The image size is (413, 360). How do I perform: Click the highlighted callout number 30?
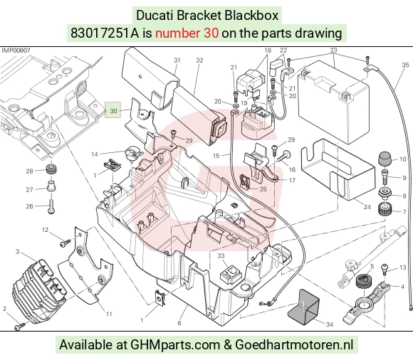click(113, 111)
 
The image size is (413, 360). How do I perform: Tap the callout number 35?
click(405, 65)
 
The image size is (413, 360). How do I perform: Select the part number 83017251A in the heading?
click(104, 33)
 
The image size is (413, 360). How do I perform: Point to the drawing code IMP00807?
click(16, 50)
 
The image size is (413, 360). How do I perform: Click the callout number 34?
click(330, 324)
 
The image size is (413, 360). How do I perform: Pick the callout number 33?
click(221, 256)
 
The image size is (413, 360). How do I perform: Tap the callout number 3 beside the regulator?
click(18, 252)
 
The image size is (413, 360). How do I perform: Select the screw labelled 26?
click(51, 206)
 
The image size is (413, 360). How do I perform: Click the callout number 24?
click(367, 207)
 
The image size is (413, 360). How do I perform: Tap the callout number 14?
click(95, 154)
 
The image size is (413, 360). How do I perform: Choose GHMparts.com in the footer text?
click(175, 344)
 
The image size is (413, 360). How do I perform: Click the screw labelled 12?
click(66, 243)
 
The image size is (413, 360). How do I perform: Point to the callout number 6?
click(179, 323)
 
